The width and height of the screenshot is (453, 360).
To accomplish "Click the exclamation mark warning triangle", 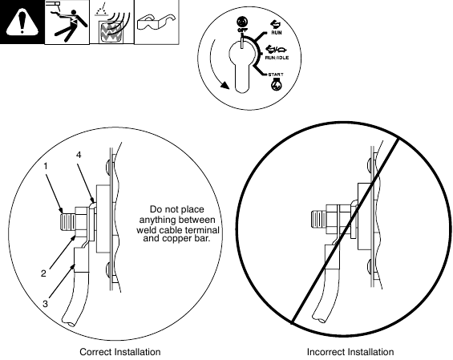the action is [22, 22].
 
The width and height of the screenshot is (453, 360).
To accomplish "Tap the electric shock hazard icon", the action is [67, 22].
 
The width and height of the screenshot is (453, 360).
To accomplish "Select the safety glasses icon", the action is [156, 22].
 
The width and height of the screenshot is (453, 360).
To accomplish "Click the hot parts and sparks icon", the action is [111, 22].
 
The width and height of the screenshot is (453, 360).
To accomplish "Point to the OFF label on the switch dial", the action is [241, 30].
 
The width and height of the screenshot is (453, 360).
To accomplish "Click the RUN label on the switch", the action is [277, 33].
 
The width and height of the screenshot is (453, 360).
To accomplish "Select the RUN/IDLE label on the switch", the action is [277, 58].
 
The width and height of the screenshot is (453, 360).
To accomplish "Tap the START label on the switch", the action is [276, 75].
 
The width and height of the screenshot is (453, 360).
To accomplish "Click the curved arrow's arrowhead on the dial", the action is [224, 85].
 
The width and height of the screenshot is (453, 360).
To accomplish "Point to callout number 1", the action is [46, 166].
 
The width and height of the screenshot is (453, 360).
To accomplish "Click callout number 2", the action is [43, 273].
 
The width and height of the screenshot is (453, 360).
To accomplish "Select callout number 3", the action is [46, 304].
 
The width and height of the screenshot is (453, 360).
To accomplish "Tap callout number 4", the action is [79, 155].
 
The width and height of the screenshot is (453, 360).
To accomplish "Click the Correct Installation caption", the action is [120, 352].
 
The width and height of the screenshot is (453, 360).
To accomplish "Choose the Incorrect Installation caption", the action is [350, 352].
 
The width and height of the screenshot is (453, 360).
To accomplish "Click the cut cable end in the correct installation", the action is [68, 323].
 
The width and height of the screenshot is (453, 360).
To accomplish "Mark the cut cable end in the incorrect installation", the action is [320, 318].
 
